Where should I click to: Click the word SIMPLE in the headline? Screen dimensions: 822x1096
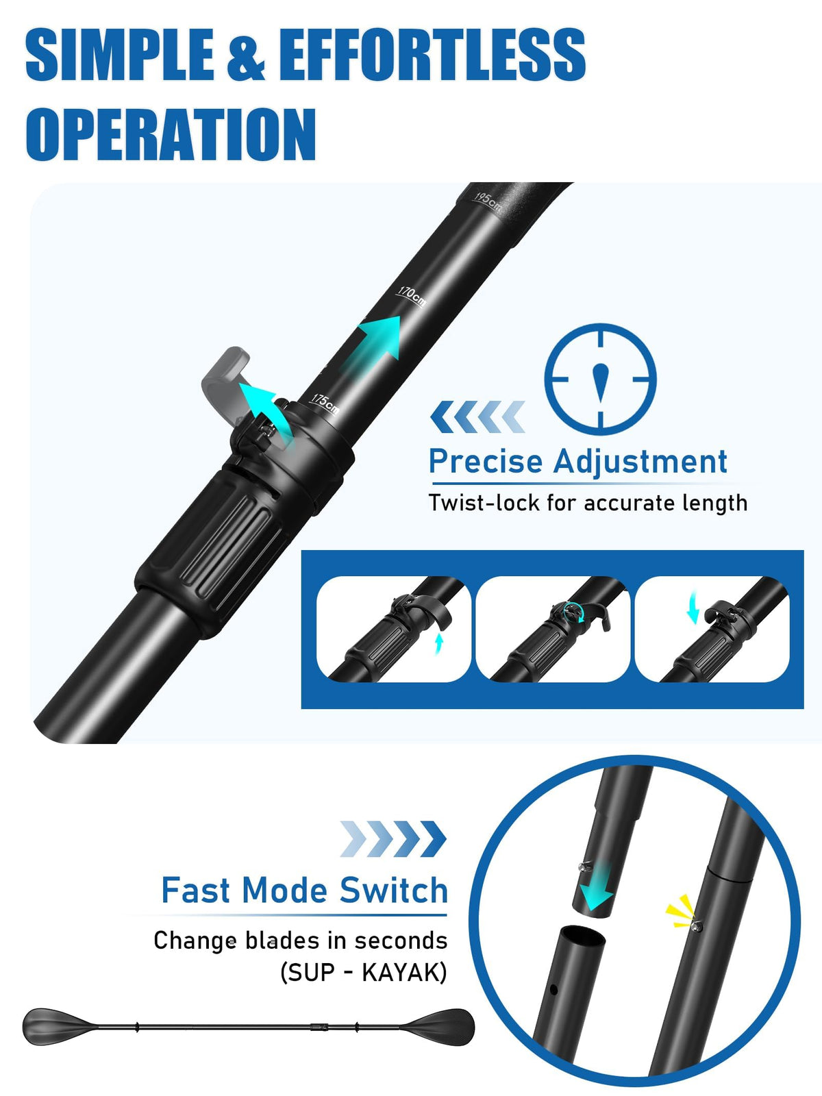[x=119, y=54]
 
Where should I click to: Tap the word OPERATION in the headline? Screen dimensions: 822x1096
[x=171, y=134]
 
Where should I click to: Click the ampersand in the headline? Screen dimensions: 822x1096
[x=245, y=55]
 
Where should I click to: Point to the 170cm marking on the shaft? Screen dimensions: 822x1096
[x=412, y=296]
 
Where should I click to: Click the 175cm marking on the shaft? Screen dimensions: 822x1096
[x=325, y=403]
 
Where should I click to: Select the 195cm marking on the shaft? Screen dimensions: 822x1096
[x=487, y=201]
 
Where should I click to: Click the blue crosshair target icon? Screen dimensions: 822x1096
[x=600, y=379]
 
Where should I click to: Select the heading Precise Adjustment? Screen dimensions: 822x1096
[x=578, y=461]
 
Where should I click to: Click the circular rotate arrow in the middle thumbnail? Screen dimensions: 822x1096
[x=572, y=612]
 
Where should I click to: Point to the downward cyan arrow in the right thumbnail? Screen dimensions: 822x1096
[x=693, y=607]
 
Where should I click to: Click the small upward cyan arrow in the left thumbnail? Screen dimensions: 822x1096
[x=438, y=644]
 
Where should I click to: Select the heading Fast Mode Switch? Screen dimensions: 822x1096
[x=304, y=891]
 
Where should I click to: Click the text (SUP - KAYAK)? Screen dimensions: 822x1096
[x=363, y=972]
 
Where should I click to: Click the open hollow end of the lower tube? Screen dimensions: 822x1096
[x=582, y=937]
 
